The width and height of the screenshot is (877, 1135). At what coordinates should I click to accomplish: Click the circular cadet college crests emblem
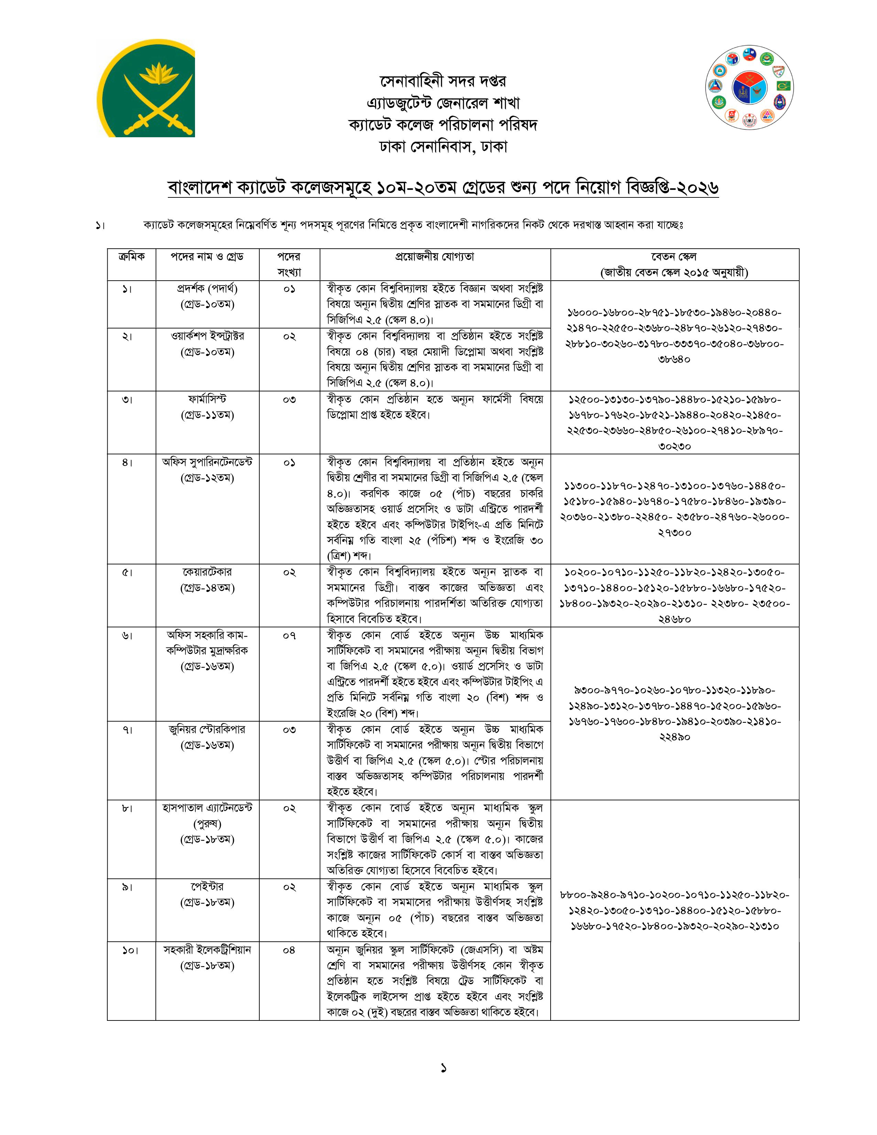749,88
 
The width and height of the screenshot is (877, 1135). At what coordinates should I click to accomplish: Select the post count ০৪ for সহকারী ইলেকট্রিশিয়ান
289,950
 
